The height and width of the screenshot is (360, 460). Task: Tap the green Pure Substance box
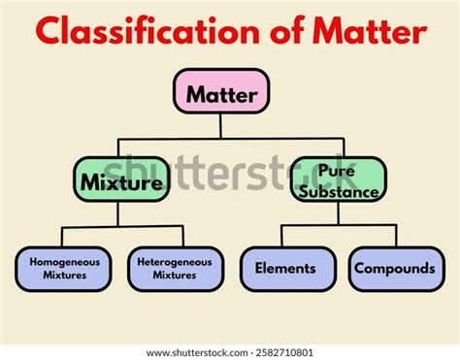(x=337, y=180)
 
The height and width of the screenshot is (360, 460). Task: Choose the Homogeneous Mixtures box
(x=64, y=269)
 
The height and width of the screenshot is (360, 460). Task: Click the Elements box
(x=285, y=269)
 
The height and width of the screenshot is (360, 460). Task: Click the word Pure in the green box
(x=337, y=170)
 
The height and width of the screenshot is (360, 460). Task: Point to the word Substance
(x=337, y=191)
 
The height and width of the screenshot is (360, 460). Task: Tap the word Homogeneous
(x=64, y=261)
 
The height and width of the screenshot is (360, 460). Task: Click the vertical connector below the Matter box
(x=220, y=124)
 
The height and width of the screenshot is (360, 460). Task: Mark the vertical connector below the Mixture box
(x=119, y=213)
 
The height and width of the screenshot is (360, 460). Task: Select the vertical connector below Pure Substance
(x=338, y=213)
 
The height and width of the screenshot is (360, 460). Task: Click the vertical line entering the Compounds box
(x=396, y=236)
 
